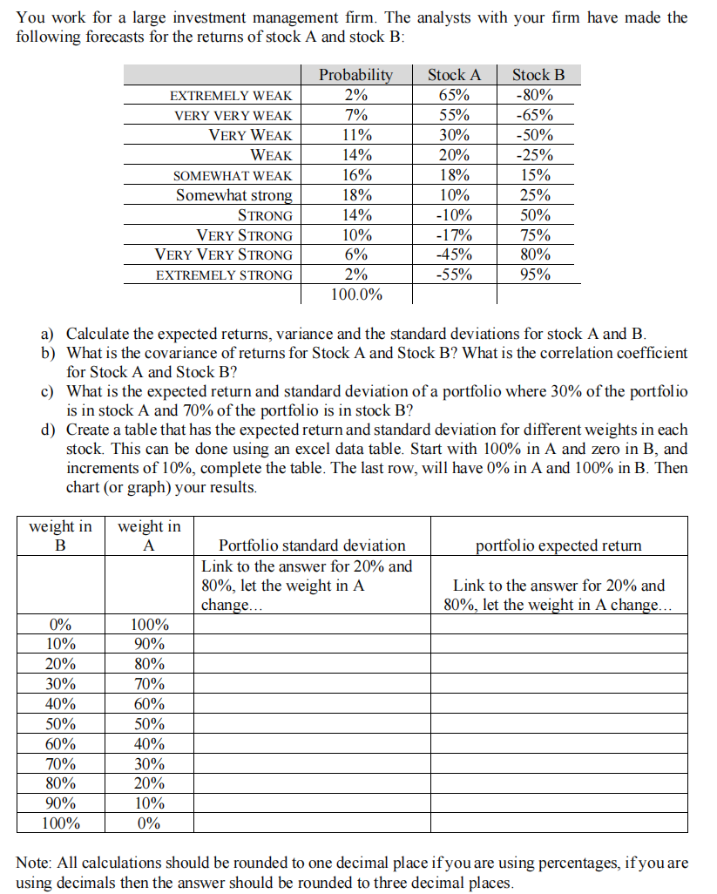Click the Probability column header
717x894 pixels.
click(355, 75)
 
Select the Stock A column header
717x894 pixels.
click(454, 75)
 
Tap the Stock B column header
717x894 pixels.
click(538, 75)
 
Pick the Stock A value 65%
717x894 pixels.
click(454, 95)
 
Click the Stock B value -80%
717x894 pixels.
click(534, 95)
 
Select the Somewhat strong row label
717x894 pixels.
click(233, 195)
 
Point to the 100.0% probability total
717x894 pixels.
click(355, 295)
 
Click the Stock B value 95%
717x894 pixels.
click(536, 274)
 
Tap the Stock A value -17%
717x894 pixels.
click(454, 235)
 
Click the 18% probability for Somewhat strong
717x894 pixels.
click(355, 195)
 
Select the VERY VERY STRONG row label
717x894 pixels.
click(223, 255)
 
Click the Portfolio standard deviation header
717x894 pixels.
click(312, 545)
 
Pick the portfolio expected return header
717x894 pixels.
click(558, 545)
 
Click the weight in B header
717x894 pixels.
click(60, 536)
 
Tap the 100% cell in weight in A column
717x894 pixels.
click(149, 625)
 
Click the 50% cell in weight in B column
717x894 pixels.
click(60, 724)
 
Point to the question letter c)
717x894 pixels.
click(49, 390)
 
